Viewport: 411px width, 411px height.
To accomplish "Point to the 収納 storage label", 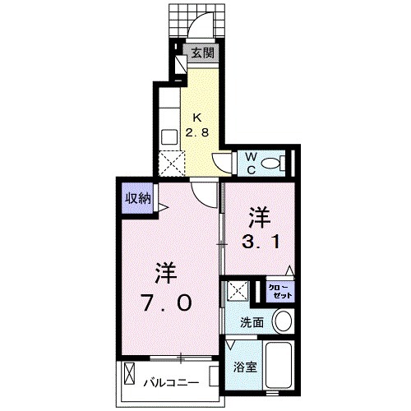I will point(137,197).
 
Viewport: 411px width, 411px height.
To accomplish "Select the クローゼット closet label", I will point(280,290).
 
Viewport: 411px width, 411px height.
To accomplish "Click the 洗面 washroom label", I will point(252,322).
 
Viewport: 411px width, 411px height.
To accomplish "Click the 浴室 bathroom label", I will point(246,367).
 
